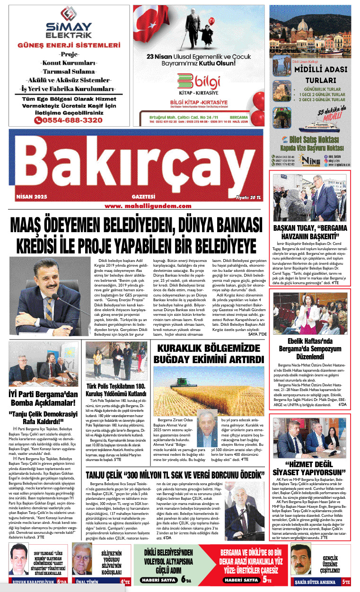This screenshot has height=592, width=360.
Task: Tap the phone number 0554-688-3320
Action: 68,120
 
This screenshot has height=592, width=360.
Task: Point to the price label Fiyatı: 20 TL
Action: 248,198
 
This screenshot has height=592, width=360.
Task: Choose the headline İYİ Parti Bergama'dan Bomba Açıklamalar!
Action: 43,399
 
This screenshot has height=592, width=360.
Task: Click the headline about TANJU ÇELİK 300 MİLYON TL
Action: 175,475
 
